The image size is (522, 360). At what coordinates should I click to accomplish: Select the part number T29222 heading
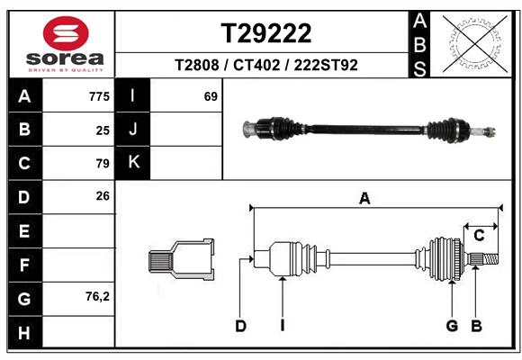tap(266, 33)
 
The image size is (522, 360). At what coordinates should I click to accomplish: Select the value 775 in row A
tap(99, 96)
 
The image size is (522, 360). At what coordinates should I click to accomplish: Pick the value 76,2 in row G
tap(96, 296)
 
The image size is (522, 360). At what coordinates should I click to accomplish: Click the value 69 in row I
tap(211, 96)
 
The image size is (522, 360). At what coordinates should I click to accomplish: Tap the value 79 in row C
tap(102, 163)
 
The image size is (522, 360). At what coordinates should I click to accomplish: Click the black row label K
tap(133, 163)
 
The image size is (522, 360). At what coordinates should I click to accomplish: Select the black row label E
tap(24, 231)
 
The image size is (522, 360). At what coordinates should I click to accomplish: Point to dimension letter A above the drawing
tap(364, 199)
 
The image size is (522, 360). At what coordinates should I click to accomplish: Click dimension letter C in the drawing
tap(479, 236)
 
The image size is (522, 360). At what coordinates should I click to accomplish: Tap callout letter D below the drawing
tap(240, 326)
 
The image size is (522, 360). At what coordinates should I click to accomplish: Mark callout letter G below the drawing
tap(452, 326)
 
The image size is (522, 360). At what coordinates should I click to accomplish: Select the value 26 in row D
tap(102, 196)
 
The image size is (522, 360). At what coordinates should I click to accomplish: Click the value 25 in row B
tap(102, 130)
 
